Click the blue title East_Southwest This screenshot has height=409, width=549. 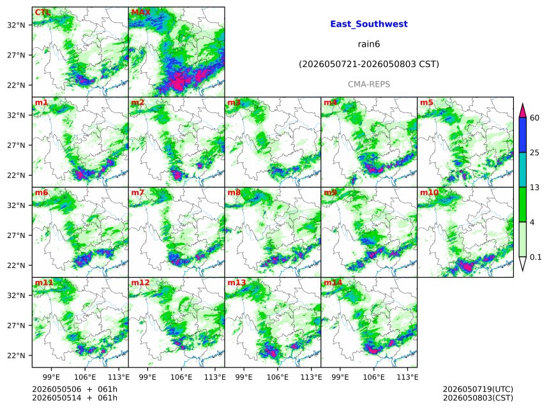(x=369, y=24)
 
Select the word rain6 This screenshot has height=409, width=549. (x=369, y=44)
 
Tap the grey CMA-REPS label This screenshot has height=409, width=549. (x=369, y=84)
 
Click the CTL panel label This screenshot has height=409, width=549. (x=42, y=12)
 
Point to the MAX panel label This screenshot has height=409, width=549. (x=140, y=12)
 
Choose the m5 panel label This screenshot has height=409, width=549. (x=426, y=103)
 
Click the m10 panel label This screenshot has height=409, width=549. (x=429, y=193)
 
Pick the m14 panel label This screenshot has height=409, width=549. (x=333, y=283)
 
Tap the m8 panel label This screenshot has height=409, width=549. (x=234, y=193)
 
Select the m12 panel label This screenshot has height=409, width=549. (x=140, y=283)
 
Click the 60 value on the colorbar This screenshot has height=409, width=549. (x=534, y=118)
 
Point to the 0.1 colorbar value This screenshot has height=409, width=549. (x=536, y=257)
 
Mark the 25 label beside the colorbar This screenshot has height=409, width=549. (x=534, y=152)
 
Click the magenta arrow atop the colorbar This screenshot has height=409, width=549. (x=523, y=111)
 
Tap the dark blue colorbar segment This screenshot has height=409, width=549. (x=523, y=135)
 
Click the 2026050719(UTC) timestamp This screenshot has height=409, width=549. (x=478, y=389)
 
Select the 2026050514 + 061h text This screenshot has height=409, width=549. (x=75, y=398)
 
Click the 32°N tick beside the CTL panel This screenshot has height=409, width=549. (x=16, y=25)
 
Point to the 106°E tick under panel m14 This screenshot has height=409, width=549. (x=373, y=377)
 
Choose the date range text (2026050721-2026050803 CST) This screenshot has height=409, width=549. (x=369, y=64)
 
